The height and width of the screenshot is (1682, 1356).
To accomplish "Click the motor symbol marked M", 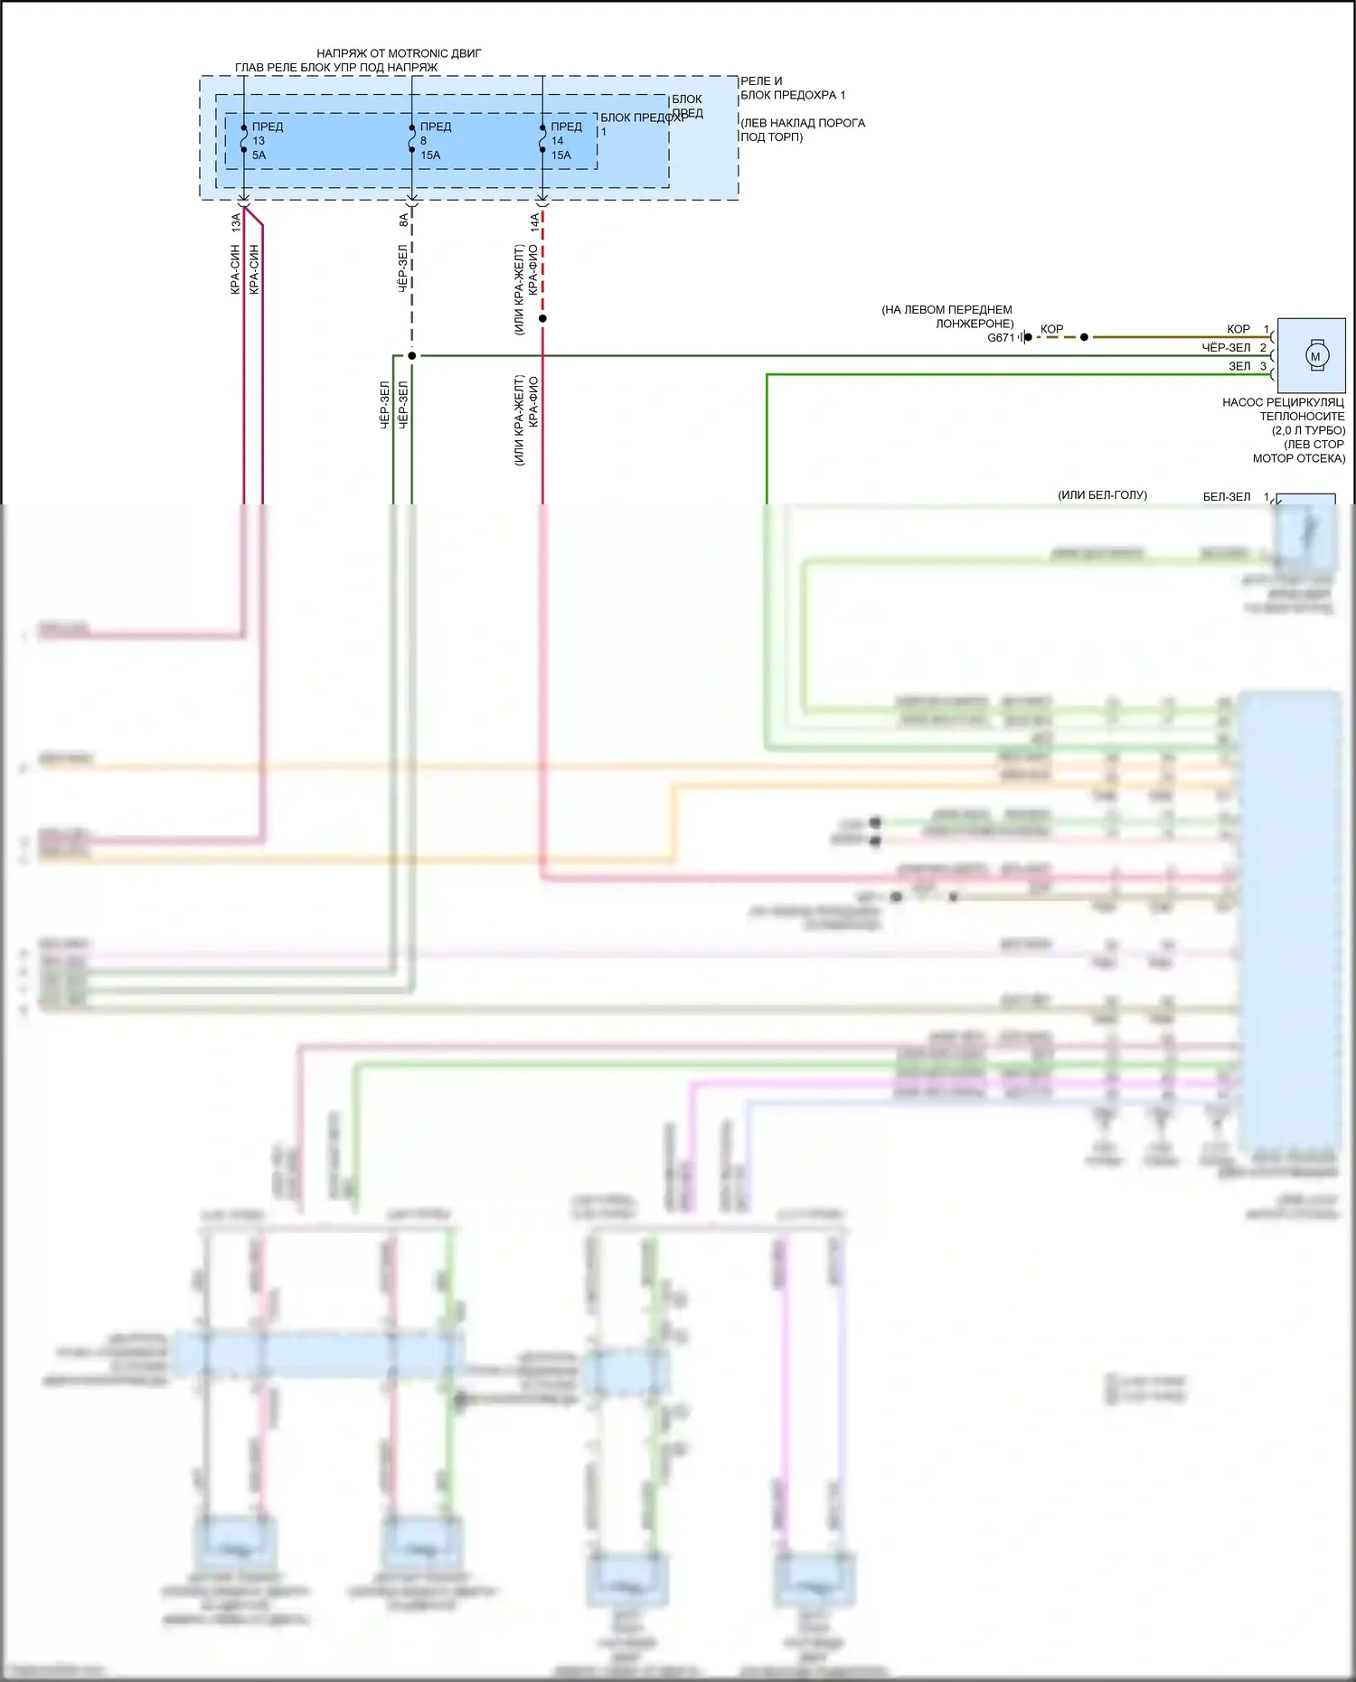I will [1314, 356].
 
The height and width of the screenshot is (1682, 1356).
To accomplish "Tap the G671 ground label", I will [1001, 338].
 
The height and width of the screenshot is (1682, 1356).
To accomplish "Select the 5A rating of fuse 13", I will [259, 155].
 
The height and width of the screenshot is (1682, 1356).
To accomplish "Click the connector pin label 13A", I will [236, 220].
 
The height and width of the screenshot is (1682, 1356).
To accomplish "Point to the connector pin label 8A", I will [403, 220].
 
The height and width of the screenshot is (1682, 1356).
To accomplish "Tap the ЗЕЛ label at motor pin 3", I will [1239, 366].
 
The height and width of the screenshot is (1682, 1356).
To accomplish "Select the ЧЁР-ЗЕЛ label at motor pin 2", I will [1226, 348].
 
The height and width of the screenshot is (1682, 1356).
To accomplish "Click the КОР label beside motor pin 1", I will [1238, 329].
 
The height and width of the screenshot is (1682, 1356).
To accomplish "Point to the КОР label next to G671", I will [1051, 329].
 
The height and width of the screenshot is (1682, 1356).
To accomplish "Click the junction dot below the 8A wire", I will [411, 356].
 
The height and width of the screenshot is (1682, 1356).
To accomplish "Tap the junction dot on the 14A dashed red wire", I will [542, 318].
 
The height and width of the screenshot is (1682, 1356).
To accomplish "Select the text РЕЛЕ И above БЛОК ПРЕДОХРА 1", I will [761, 81].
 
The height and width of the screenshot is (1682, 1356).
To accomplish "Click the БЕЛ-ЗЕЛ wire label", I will [1227, 496].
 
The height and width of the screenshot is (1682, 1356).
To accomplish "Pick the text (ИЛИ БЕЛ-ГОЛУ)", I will [1102, 495].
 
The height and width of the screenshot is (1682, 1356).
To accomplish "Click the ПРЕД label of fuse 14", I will [567, 127].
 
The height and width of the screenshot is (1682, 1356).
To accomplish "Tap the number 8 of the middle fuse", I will [423, 141].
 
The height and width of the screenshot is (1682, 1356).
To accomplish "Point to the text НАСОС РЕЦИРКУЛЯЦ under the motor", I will [1283, 402].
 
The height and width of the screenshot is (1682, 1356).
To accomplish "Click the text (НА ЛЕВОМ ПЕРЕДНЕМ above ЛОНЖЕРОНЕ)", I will [946, 310].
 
